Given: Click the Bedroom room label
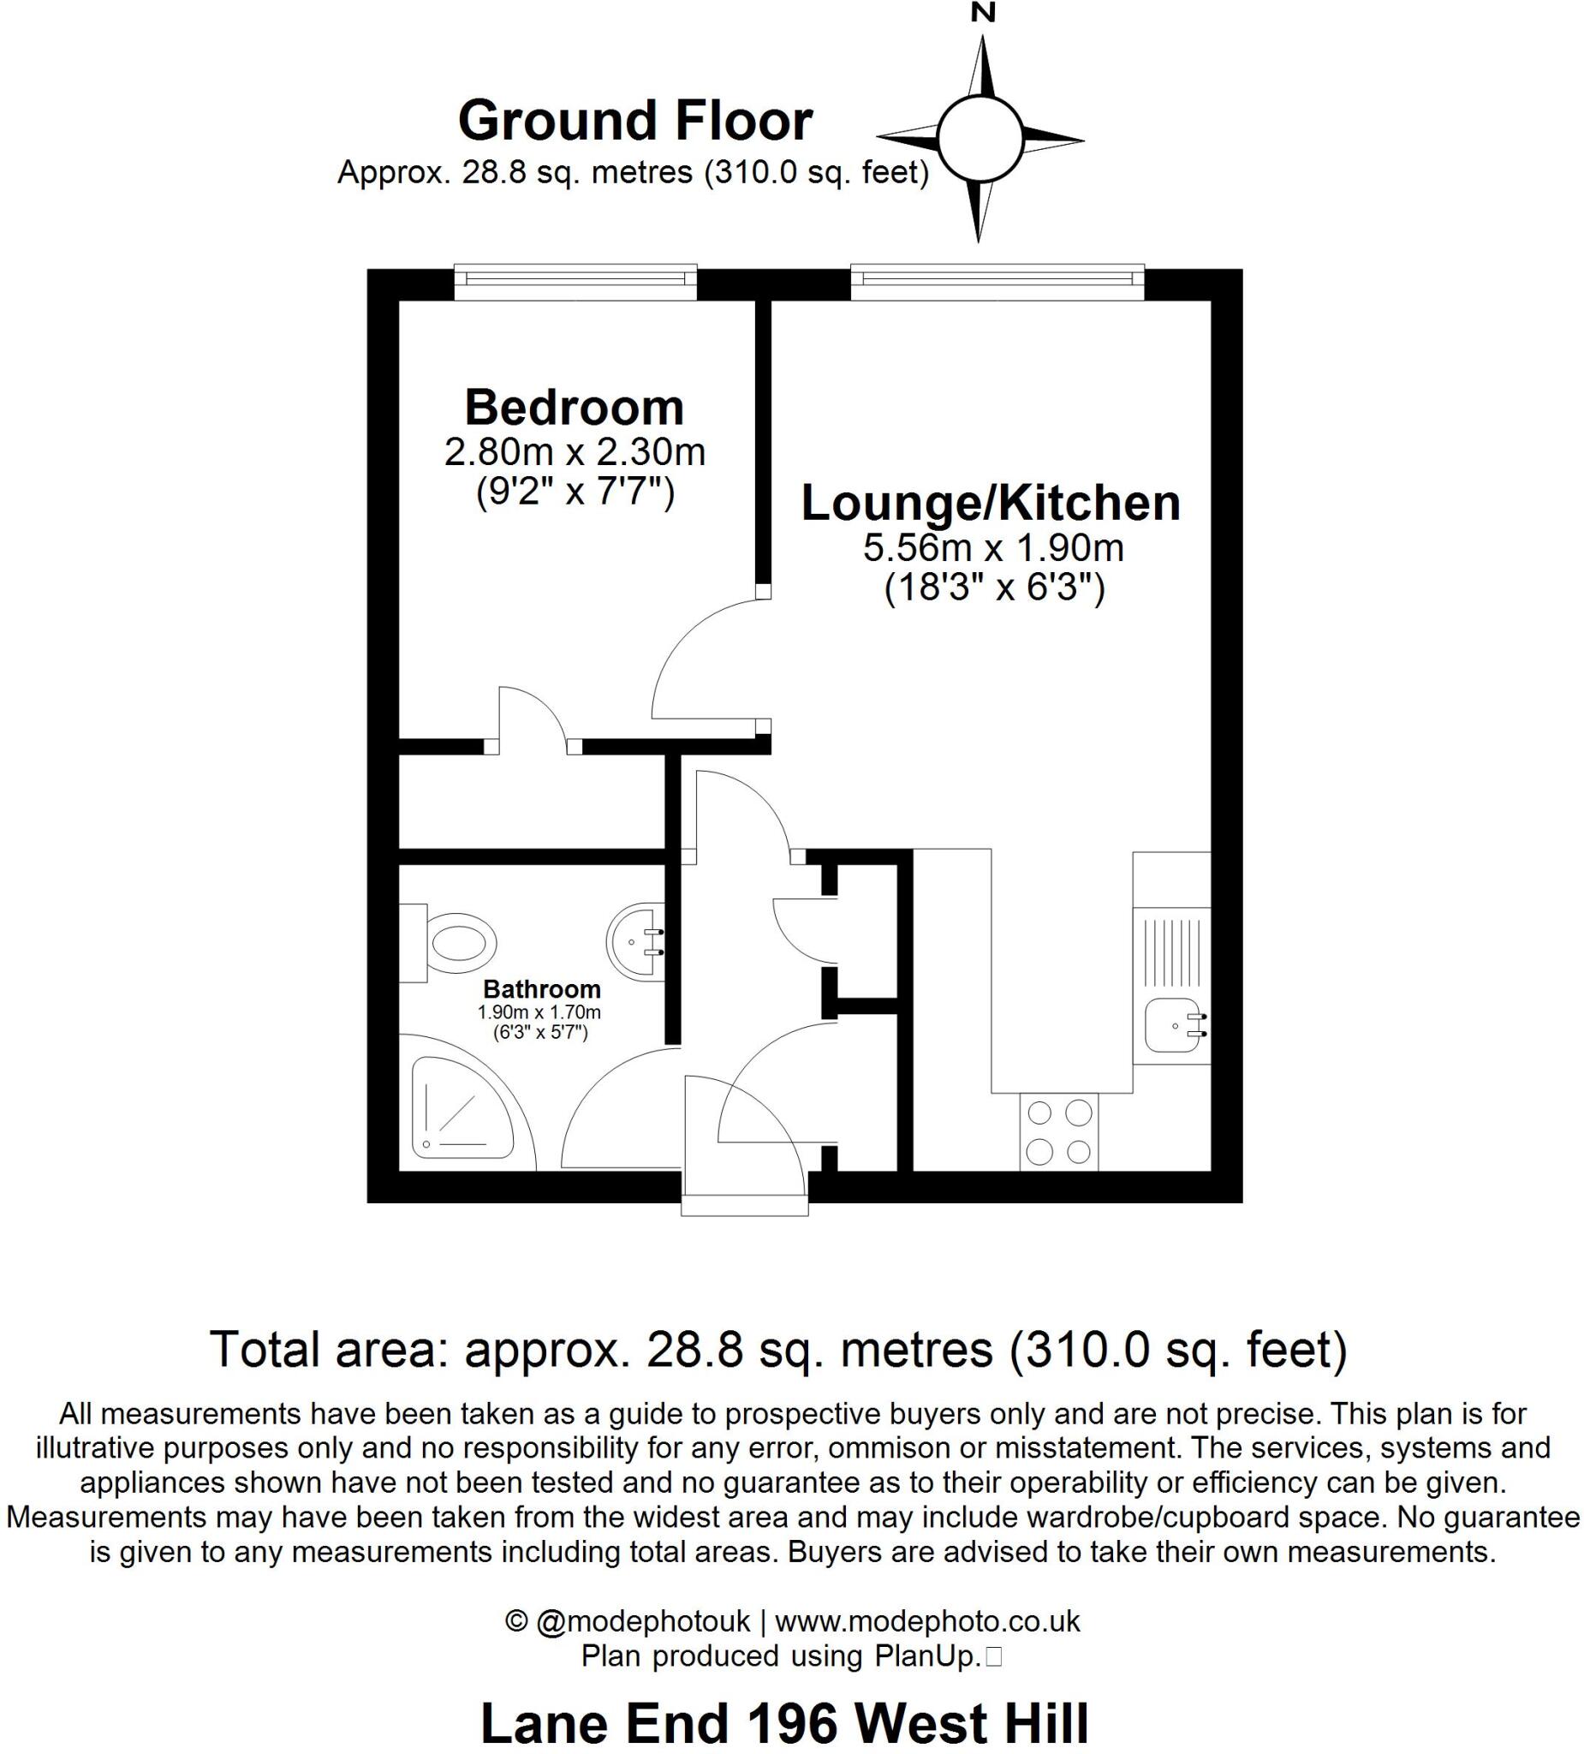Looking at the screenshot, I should [575, 407].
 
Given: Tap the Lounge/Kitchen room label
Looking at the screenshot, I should [990, 503].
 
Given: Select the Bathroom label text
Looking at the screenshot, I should [541, 989].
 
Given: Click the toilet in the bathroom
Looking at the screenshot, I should [452, 941].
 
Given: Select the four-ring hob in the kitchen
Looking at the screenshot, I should [1057, 1131].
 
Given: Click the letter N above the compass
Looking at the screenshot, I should [984, 14].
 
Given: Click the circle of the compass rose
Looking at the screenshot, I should [980, 140].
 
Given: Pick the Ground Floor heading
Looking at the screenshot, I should [635, 121].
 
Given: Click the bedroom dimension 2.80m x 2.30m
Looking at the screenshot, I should [575, 452].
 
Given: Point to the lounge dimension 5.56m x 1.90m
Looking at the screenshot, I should [992, 548].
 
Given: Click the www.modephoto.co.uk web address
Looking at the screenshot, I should [926, 1621].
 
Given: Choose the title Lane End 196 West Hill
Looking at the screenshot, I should [783, 1721].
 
